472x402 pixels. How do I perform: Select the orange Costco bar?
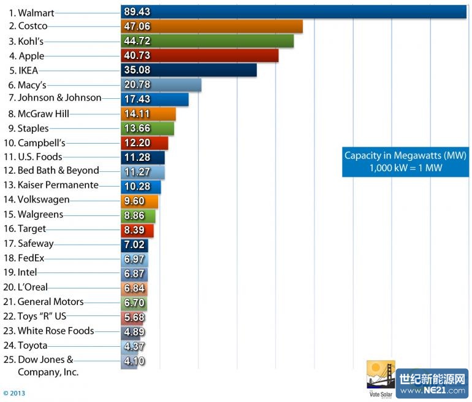click(211, 26)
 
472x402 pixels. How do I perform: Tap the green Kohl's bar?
click(207, 41)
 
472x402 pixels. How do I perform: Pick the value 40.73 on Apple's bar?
click(137, 56)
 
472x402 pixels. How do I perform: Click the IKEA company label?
click(28, 71)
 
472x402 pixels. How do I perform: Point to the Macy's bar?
click(161, 85)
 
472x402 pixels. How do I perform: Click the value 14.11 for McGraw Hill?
click(137, 114)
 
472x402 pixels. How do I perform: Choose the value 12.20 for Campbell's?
click(137, 143)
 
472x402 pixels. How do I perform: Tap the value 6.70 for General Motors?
click(134, 303)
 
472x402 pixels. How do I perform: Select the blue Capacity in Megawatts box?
click(405, 162)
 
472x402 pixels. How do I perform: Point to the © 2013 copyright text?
click(15, 393)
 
